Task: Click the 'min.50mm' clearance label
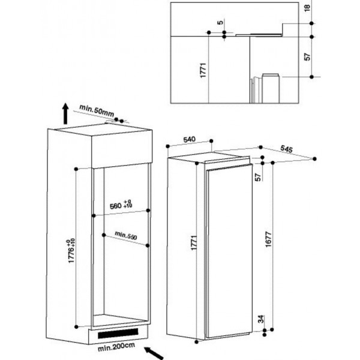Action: coord(97,110)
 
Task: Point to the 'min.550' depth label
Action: coord(126,236)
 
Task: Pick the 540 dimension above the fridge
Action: coord(190,139)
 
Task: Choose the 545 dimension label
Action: coord(287,149)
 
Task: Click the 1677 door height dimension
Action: coord(268,239)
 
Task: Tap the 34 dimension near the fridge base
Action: coord(261,319)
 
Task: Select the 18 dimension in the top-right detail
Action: coord(307,8)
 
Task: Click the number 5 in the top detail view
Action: coord(220,23)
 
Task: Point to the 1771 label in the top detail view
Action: coord(203,70)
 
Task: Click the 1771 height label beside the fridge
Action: coord(194,242)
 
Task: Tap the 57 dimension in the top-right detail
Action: coord(307,57)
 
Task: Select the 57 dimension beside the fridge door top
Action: coord(258,177)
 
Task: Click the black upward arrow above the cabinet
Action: coord(65,113)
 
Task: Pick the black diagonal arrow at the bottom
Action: coord(154,353)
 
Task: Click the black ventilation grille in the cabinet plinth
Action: coord(118,334)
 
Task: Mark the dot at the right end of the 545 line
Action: coord(314,159)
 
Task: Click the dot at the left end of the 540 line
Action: coord(167,146)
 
